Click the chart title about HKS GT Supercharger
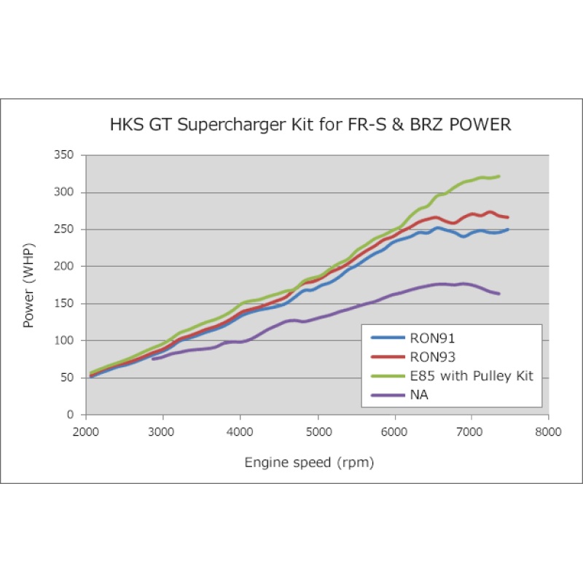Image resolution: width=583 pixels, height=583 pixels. tap(310, 125)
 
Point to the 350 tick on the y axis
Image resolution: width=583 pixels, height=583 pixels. tap(64, 155)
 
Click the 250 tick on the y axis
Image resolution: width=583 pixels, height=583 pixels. tap(64, 230)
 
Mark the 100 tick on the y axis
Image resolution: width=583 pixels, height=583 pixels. tap(64, 340)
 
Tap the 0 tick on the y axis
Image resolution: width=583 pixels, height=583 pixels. tap(70, 415)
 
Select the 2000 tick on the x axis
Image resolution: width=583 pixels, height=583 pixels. tap(86, 431)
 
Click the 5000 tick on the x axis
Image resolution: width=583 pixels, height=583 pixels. tap(317, 431)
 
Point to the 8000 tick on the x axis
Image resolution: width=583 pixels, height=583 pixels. tap(548, 431)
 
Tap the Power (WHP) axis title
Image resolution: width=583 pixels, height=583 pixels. tap(29, 285)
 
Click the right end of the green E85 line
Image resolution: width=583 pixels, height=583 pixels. tap(499, 176)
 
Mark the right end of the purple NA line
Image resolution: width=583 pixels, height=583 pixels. tap(499, 294)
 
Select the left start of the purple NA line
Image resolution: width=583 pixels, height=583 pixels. tap(153, 359)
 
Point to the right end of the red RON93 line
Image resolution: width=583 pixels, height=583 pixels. tap(508, 217)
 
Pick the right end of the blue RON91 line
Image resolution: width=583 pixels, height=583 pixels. tap(508, 229)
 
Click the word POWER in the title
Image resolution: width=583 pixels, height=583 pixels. tap(477, 125)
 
